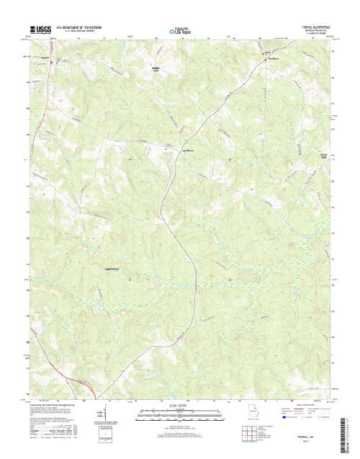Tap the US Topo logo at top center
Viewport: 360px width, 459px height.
tap(179, 31)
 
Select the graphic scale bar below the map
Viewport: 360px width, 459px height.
tap(179, 414)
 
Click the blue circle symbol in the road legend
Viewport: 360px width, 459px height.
tap(285, 417)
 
